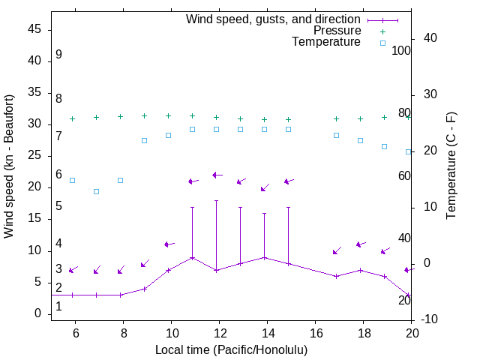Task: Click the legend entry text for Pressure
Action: [x=337, y=31]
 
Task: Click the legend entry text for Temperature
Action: [x=326, y=42]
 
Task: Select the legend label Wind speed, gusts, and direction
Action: [x=274, y=19]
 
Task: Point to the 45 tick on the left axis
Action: [x=34, y=29]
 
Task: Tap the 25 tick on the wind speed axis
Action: [x=34, y=156]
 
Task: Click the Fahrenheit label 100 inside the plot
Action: [x=402, y=51]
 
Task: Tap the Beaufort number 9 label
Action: [x=58, y=55]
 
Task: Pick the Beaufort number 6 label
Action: [x=58, y=175]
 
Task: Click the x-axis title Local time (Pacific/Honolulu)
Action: [x=231, y=349]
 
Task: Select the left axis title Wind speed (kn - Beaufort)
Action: [x=10, y=166]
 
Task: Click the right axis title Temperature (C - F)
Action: [x=451, y=166]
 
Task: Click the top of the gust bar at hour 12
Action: [x=216, y=200]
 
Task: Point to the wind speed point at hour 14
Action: [x=264, y=257]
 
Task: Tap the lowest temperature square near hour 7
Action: [x=96, y=191]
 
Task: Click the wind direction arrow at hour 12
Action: [x=217, y=175]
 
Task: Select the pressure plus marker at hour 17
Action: [x=336, y=118]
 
